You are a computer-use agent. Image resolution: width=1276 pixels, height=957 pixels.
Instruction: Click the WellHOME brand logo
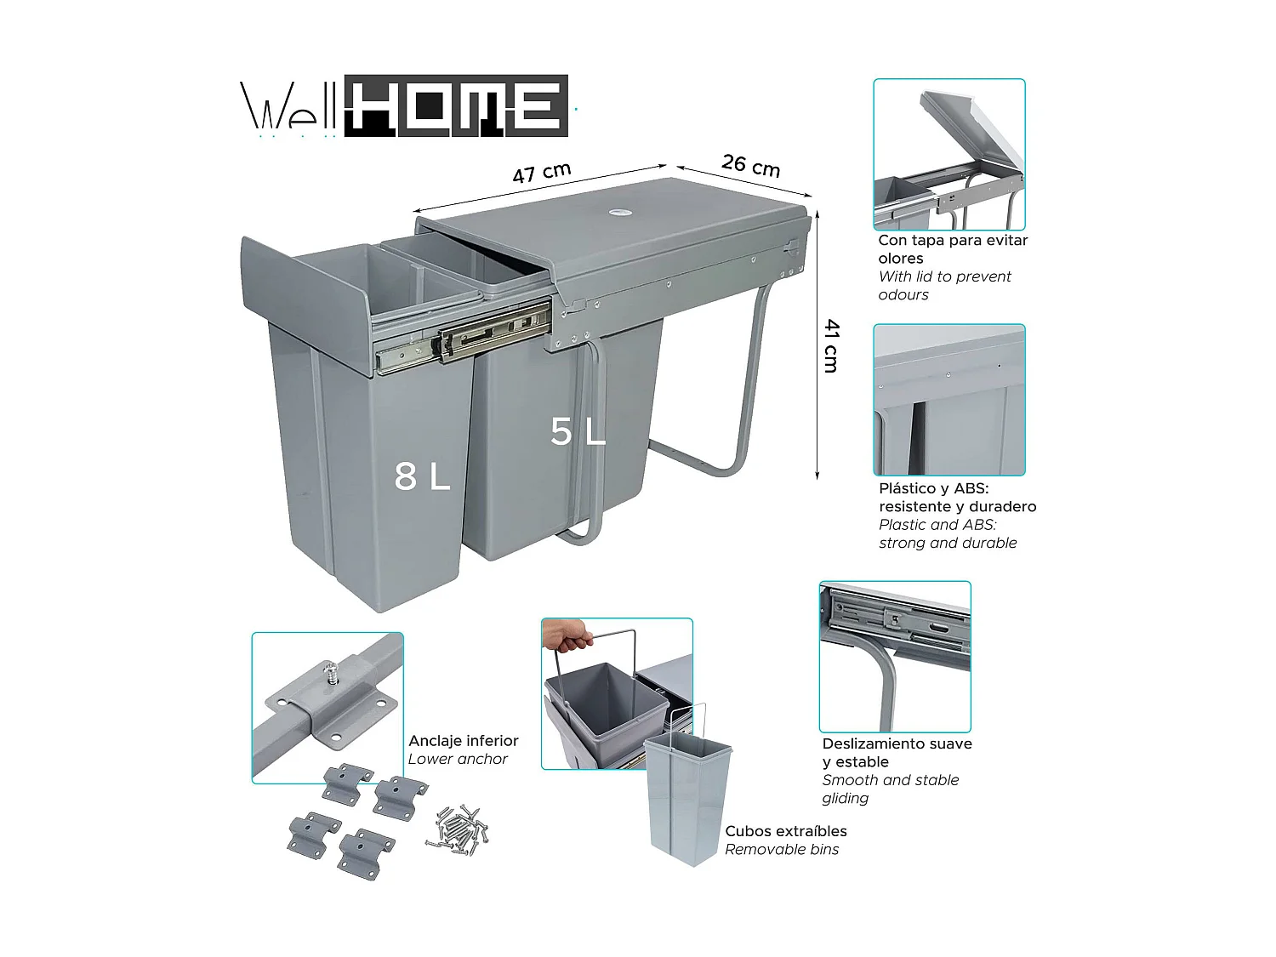(405, 107)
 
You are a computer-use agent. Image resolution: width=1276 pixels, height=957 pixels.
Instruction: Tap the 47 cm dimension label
(541, 173)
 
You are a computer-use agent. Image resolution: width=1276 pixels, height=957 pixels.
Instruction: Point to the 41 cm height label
(831, 345)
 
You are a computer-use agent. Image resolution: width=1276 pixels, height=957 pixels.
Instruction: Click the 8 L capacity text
(422, 477)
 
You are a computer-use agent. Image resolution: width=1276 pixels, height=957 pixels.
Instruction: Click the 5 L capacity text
(578, 432)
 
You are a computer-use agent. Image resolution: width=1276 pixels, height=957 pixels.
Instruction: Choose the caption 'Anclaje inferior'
(463, 741)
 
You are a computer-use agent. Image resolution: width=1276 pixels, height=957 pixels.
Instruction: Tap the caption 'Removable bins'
(782, 849)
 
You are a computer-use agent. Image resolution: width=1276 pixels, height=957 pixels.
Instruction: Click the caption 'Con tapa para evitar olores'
(952, 249)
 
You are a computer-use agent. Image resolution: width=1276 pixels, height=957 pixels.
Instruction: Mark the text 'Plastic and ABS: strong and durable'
(947, 534)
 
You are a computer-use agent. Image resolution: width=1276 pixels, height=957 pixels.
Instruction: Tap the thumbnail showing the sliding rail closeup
(894, 656)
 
